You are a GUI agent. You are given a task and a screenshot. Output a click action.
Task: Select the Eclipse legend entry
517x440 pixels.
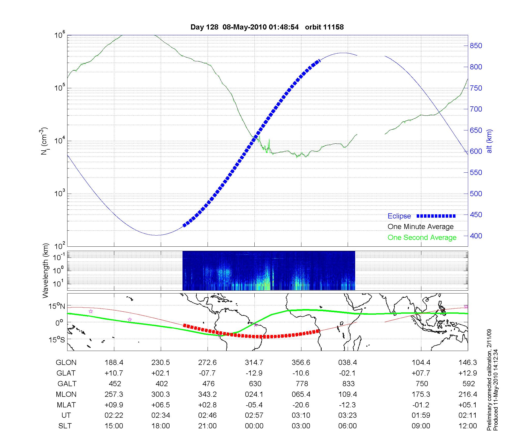point(399,216)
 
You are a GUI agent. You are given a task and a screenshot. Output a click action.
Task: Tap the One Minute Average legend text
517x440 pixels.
point(421,227)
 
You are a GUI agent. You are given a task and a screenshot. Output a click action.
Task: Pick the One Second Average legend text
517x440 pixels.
point(422,238)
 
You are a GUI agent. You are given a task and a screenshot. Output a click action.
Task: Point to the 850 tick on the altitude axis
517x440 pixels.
point(476,46)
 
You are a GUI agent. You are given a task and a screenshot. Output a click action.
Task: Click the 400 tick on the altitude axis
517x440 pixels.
point(476,236)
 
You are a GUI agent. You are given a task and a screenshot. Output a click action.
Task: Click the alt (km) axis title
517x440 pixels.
point(489,141)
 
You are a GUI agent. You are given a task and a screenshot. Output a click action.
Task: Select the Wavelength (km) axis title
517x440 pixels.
point(45,271)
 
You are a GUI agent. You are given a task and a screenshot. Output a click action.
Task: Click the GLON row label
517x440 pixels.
point(66,363)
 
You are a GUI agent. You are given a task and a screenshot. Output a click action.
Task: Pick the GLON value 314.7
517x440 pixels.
point(254,363)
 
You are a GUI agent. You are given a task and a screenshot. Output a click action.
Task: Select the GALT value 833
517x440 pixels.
point(348,384)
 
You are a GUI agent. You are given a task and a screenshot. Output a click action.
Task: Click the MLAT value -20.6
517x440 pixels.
point(301,405)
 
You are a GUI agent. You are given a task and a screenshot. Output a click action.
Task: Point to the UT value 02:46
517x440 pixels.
point(207,415)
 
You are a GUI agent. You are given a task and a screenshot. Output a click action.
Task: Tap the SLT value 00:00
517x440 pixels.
point(254,426)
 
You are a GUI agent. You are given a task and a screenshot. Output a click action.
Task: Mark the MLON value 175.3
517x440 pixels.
point(421,394)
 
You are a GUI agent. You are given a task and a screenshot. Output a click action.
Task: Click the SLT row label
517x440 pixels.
point(65,426)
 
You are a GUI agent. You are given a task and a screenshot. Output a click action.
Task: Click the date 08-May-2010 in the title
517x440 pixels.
point(245,27)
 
